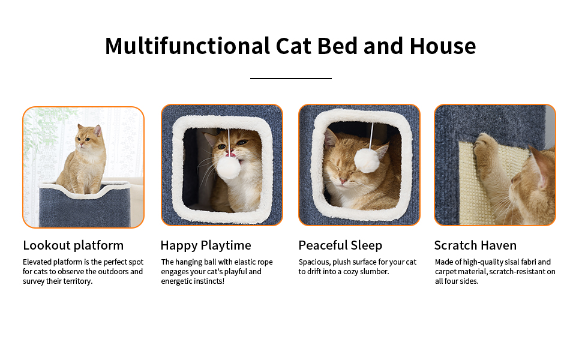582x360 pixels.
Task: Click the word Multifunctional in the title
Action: [187, 46]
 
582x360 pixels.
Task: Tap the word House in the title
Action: [442, 46]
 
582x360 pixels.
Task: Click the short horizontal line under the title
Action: [290, 79]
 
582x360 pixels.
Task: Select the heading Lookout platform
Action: [73, 245]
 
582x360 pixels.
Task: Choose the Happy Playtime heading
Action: [206, 245]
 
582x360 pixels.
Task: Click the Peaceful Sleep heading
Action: [340, 245]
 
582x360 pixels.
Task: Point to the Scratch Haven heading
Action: [475, 245]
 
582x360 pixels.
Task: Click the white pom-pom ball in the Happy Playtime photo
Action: [229, 168]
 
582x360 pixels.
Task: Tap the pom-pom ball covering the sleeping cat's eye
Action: [367, 160]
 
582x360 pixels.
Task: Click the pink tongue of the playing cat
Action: [231, 154]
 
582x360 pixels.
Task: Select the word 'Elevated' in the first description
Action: [37, 262]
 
